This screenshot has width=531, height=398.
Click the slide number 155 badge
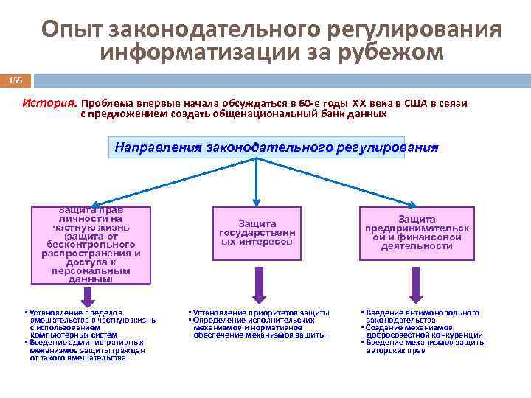point(15,80)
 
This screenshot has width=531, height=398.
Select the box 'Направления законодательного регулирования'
point(277,147)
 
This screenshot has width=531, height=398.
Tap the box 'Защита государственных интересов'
point(257,232)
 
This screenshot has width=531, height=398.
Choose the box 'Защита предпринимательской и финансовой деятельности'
point(417,232)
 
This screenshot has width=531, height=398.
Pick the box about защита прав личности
point(91,244)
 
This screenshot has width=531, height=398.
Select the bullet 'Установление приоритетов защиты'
point(258,313)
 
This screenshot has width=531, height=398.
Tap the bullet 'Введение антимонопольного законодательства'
point(420,316)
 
